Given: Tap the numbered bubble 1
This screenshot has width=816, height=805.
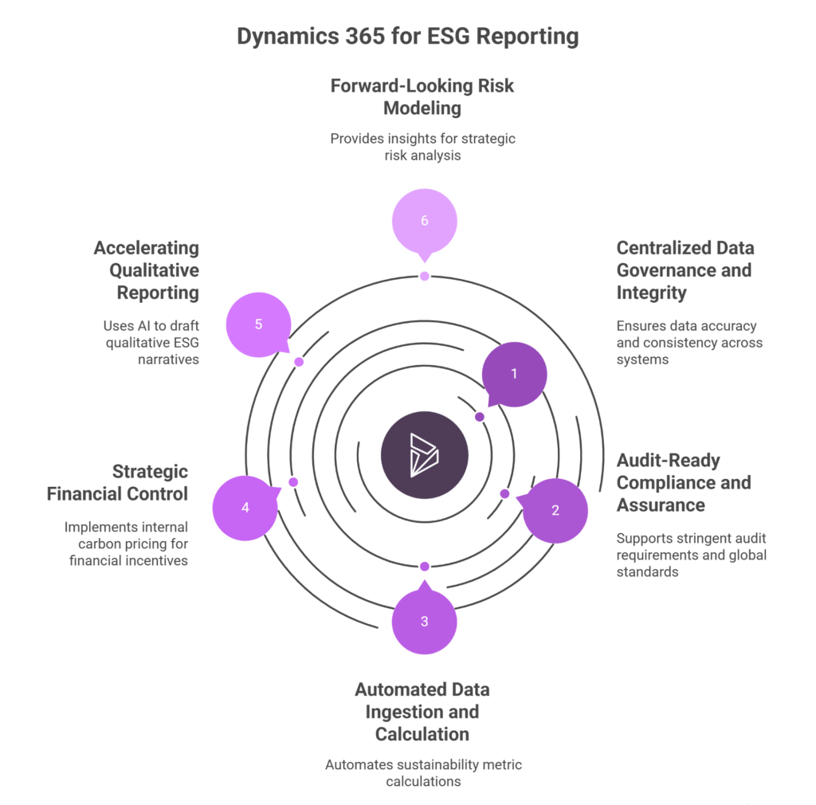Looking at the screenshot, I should coord(514,374).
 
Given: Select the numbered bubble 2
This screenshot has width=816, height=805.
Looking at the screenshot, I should coord(555,511).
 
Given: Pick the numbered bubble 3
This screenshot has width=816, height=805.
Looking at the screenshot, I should coord(424,622).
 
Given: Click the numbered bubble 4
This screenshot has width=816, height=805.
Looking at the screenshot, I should coord(245,508).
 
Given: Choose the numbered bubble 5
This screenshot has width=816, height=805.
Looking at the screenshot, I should coord(258,325).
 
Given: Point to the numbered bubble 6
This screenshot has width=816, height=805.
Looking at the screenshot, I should coord(424,221).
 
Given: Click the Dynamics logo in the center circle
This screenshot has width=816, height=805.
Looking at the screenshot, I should coord(424,456).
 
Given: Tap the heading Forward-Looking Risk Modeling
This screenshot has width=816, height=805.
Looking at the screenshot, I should coord(423,96).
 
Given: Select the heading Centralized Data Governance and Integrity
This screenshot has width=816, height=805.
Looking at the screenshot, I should coord(685,270).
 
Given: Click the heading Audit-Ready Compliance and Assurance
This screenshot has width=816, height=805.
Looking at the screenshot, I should coord(683,482).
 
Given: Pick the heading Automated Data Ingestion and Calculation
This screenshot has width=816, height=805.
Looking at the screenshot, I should coord(423,711).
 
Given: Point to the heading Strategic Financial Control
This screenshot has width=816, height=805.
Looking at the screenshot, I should coord(118,482).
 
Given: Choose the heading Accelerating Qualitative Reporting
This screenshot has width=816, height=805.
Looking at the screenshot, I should coord(147,270).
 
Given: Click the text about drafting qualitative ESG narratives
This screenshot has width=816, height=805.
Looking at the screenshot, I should coord(150,343).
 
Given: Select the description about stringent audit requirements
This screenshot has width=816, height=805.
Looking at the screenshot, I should coord(691,555).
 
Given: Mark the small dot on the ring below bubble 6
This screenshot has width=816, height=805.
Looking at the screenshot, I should coord(425,276).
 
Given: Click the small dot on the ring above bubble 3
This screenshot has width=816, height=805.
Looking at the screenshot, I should coord(425,566).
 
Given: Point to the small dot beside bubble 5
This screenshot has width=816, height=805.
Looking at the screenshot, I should coord(299,362).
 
